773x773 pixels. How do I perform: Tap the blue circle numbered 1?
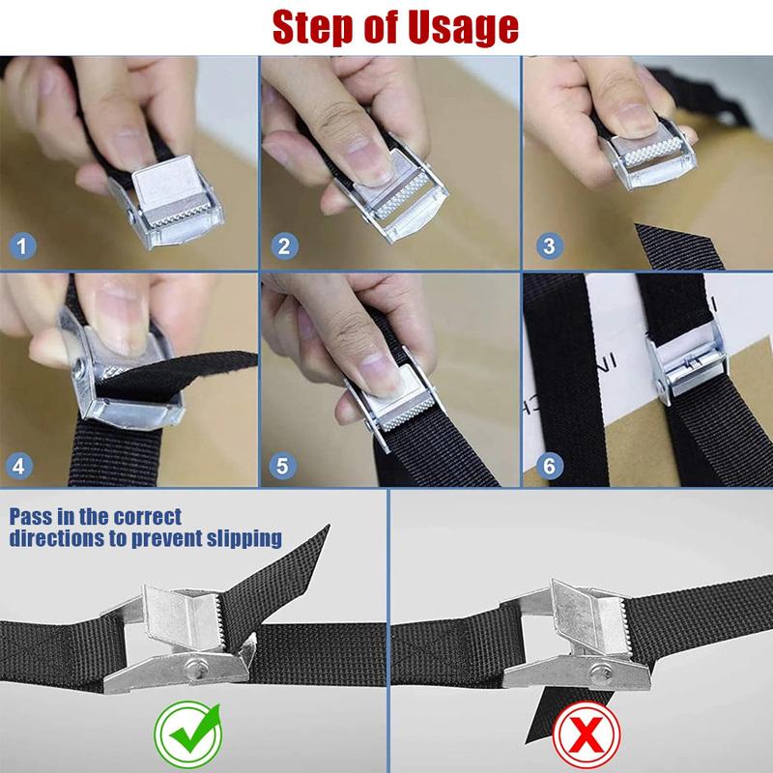21,245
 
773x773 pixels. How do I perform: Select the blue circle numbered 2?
283,245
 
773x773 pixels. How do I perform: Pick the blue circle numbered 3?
548,245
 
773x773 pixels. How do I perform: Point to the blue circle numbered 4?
21,466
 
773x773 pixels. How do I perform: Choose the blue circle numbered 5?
283,466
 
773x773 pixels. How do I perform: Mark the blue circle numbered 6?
548,466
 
